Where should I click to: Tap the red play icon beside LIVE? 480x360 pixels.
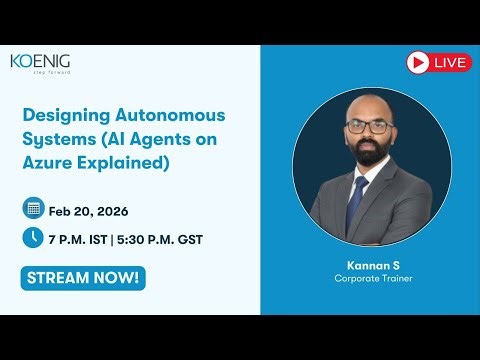(418, 62)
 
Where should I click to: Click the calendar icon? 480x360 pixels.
(33, 209)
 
